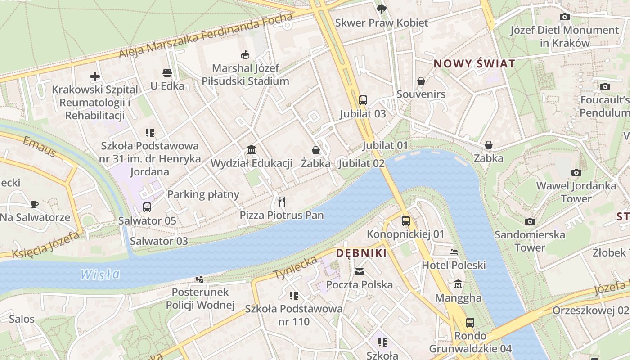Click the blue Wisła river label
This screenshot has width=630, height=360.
click(x=100, y=274)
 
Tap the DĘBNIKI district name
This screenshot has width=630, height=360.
click(x=361, y=253)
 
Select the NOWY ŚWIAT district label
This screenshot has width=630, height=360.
click(x=474, y=63)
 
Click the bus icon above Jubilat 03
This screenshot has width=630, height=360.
click(x=363, y=100)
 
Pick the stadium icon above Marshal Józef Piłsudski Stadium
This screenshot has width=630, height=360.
click(x=245, y=55)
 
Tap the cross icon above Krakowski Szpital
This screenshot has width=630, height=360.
click(x=94, y=76)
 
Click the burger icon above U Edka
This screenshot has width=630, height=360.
click(x=167, y=73)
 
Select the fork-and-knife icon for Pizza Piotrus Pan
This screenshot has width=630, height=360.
click(x=282, y=202)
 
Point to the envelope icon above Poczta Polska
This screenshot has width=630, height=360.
click(x=360, y=271)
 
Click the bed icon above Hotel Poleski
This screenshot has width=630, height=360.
click(x=454, y=252)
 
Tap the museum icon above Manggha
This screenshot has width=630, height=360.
click(x=458, y=284)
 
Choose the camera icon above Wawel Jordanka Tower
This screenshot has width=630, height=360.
click(x=576, y=172)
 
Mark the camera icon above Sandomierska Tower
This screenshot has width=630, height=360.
click(x=530, y=221)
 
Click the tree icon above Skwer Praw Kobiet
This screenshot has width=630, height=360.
click(x=382, y=9)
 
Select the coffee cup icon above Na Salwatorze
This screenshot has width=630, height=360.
click(x=35, y=204)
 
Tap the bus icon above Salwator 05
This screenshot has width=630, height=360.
click(x=147, y=207)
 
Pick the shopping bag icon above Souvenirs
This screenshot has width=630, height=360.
click(x=421, y=81)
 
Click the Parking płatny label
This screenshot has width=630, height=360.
click(x=203, y=194)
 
